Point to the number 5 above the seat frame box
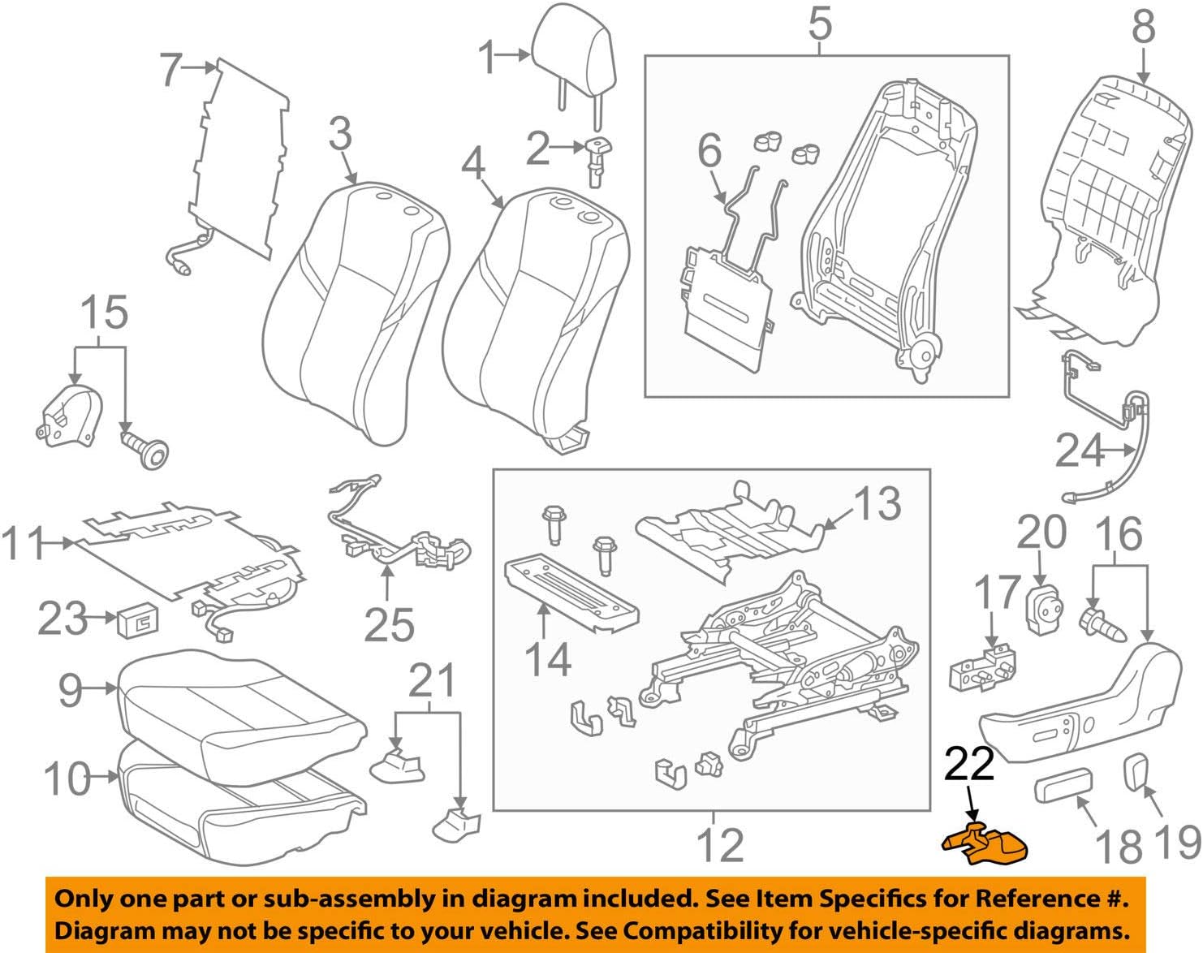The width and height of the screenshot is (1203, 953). (820, 24)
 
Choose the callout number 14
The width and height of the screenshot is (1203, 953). (547, 659)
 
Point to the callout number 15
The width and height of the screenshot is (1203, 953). (105, 313)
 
